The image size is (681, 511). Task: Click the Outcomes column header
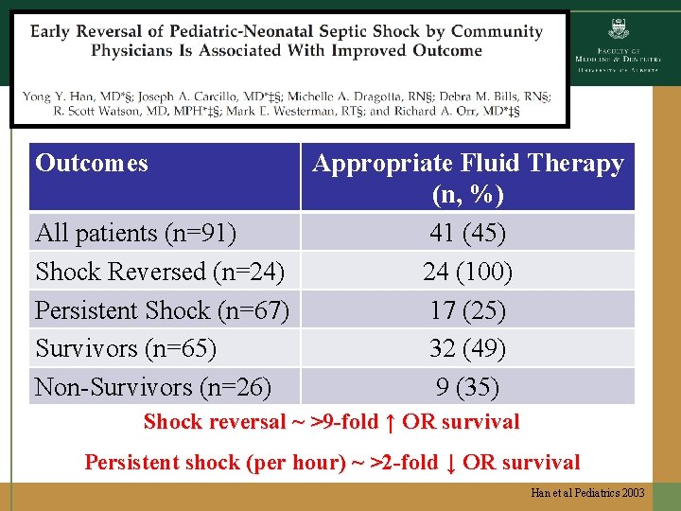[x=92, y=163]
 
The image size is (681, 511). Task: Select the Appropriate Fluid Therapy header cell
[x=468, y=178]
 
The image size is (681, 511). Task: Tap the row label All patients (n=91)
[x=135, y=233]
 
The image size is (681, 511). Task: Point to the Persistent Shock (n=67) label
[x=162, y=310]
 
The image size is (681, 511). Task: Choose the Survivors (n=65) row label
[x=126, y=348]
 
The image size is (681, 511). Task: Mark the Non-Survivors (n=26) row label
[x=153, y=387]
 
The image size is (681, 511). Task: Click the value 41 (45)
[x=467, y=233]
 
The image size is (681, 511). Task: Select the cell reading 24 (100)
[x=467, y=272]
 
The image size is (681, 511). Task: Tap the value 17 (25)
[x=467, y=310]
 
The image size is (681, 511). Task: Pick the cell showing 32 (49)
[x=467, y=348]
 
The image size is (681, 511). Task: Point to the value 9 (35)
[x=467, y=387]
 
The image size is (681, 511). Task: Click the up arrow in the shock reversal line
[x=390, y=422]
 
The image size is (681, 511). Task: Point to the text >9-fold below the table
[x=337, y=422]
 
